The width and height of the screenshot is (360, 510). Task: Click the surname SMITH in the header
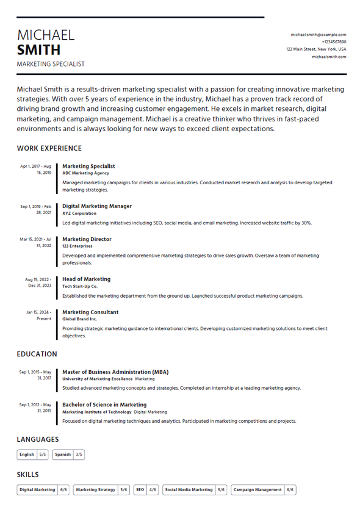click(x=39, y=50)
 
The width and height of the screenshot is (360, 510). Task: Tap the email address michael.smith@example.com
click(x=318, y=35)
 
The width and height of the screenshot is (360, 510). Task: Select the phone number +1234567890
click(x=334, y=42)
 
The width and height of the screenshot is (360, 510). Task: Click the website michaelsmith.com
click(x=329, y=57)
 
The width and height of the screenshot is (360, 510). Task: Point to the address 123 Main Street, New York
click(x=316, y=49)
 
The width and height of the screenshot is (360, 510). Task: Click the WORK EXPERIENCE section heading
click(x=49, y=148)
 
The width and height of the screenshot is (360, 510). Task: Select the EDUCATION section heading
click(x=37, y=354)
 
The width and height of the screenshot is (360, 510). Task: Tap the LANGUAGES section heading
click(x=38, y=439)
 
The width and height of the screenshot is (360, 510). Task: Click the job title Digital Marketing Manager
click(x=97, y=206)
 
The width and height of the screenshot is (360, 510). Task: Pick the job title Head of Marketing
click(x=86, y=279)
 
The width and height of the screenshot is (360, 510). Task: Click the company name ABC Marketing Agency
click(x=86, y=173)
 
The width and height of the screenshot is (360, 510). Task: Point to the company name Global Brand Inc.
click(x=80, y=319)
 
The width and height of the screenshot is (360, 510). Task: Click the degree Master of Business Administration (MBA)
click(x=115, y=372)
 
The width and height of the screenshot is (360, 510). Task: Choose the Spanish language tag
click(x=63, y=454)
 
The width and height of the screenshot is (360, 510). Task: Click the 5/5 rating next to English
click(x=43, y=454)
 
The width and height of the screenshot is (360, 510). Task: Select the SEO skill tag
click(x=140, y=489)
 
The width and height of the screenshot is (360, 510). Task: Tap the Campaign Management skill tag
click(x=257, y=489)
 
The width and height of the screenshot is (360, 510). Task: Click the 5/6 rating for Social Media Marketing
click(x=221, y=489)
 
